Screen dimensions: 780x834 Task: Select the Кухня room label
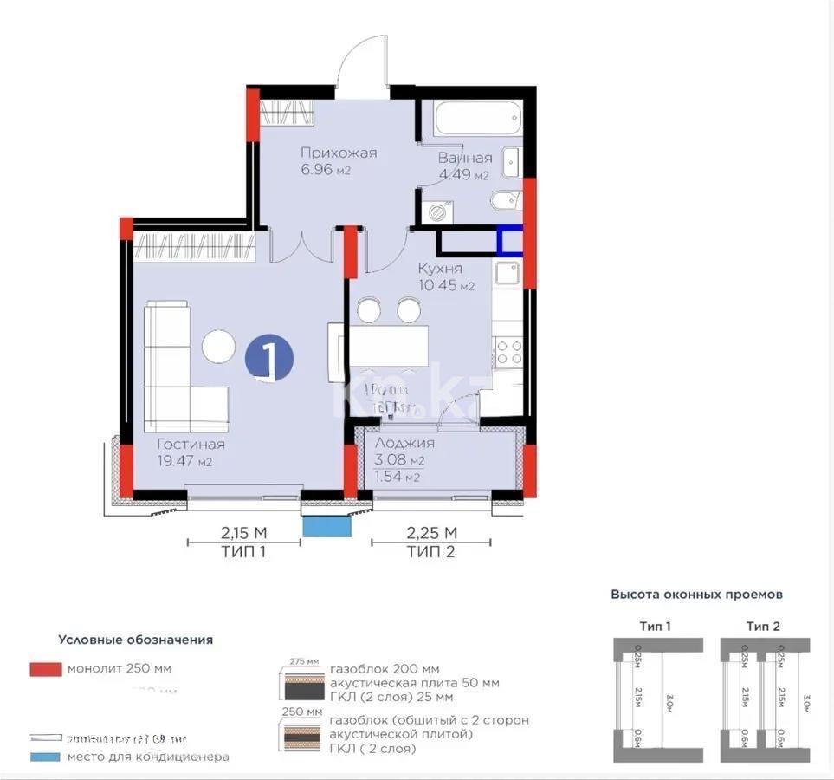coord(440,269)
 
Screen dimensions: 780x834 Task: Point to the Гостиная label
coord(191,445)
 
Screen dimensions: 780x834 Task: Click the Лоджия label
coord(404,443)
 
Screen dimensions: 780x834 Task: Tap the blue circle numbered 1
coord(269,359)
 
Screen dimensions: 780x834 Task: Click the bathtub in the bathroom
coord(478,118)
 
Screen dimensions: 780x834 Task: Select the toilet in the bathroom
coord(504,202)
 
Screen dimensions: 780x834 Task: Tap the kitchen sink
coord(506,273)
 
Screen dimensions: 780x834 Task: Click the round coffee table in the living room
coord(218,347)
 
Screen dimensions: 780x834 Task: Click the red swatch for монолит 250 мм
coord(45,669)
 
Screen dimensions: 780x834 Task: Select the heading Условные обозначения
coord(135,640)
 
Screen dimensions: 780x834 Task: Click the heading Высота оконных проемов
coord(697,595)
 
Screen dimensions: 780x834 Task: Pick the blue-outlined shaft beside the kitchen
coord(509,239)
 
